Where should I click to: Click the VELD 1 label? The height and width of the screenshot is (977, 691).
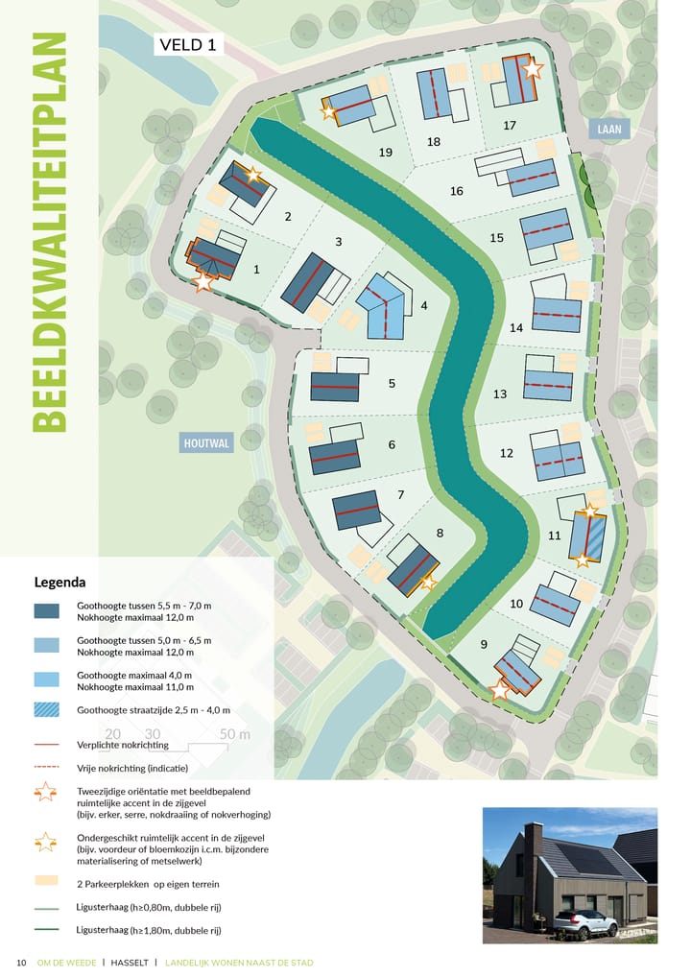(x=188, y=44)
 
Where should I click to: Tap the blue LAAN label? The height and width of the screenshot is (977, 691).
(x=609, y=130)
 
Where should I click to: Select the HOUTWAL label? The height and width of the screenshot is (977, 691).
(x=206, y=442)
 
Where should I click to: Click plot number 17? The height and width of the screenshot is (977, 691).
(x=510, y=126)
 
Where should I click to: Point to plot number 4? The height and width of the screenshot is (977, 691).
(x=423, y=306)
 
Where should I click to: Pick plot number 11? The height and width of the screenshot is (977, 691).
(x=554, y=536)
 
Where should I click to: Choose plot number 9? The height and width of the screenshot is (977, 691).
(x=484, y=644)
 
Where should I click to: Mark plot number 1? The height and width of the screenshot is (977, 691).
(x=256, y=270)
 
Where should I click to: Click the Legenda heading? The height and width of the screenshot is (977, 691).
(x=60, y=582)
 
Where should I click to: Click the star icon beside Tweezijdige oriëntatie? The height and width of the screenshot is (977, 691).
(x=45, y=793)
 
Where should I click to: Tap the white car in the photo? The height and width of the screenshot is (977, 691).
(x=585, y=924)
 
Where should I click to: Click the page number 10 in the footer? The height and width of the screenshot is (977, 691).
(x=21, y=963)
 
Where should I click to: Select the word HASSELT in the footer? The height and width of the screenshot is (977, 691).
(x=129, y=963)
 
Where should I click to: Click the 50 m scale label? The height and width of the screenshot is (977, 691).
(x=235, y=735)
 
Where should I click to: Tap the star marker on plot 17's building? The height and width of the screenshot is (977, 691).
(x=533, y=69)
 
